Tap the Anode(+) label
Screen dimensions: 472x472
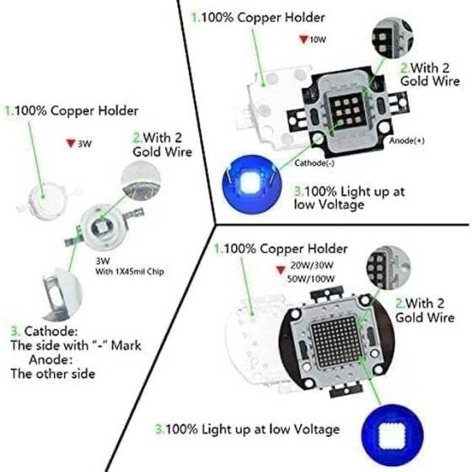(x=406, y=140)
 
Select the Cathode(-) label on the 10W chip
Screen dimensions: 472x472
(x=314, y=162)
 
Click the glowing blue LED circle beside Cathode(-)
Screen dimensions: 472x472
(x=250, y=181)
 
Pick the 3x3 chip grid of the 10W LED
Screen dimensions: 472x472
(x=346, y=111)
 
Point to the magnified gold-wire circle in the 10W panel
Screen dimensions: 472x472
(x=389, y=39)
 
